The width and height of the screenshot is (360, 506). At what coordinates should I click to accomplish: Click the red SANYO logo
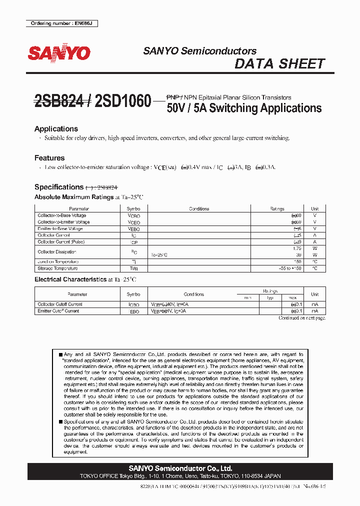tap(59, 52)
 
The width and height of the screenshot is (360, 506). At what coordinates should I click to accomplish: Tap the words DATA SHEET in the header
tap(279, 64)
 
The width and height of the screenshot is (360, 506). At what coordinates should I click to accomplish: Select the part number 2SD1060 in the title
tap(122, 102)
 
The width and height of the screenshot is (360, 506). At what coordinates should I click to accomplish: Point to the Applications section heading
tap(56, 129)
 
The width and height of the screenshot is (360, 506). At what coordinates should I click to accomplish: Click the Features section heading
tap(49, 158)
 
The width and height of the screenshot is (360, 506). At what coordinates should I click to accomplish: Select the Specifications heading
tap(58, 187)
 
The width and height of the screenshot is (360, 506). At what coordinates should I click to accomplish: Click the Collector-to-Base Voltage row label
tap(62, 215)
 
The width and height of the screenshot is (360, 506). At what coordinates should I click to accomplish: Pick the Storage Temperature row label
tap(58, 268)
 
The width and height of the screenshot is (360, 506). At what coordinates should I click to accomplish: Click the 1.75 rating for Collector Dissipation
tap(297, 248)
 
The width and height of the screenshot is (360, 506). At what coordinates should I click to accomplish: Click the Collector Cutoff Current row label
tap(60, 304)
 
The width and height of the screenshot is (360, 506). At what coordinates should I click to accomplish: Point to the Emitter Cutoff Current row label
tap(58, 311)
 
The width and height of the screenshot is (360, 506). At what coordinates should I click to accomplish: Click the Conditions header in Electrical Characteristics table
tap(194, 294)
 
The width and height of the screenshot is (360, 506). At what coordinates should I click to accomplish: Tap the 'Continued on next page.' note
tap(301, 318)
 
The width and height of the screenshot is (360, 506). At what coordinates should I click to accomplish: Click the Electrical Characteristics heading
tap(70, 279)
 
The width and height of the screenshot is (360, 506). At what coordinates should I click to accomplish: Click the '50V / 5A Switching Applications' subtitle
tap(244, 108)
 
